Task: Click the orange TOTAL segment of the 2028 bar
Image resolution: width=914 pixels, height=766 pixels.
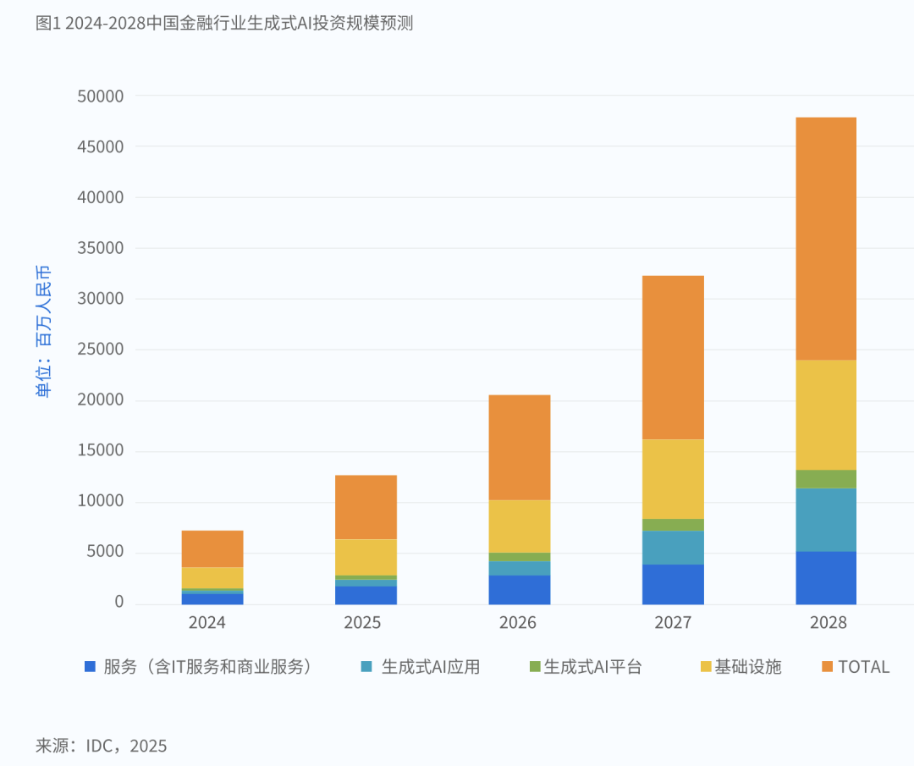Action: (826, 239)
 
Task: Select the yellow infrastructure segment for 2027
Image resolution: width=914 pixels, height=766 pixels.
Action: (673, 479)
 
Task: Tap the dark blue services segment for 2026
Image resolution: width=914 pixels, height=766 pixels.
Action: (520, 589)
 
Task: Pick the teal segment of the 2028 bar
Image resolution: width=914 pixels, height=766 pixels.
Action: (826, 520)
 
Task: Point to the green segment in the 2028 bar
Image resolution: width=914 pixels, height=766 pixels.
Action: (826, 479)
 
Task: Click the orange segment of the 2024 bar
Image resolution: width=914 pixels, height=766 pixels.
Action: (212, 548)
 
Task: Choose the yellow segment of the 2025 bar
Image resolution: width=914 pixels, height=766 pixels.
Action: (366, 557)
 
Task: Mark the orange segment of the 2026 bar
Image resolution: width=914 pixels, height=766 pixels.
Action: (520, 447)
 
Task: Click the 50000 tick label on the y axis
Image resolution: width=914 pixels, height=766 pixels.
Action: (100, 96)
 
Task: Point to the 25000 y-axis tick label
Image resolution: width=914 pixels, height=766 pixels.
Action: (100, 350)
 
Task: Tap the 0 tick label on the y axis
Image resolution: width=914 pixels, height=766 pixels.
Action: (118, 603)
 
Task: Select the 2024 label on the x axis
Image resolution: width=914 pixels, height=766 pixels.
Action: (207, 623)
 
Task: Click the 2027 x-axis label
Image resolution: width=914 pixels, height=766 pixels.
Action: (673, 623)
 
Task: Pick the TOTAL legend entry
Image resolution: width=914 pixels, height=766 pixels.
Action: (863, 667)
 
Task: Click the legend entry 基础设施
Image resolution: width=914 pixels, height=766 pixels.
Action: (747, 667)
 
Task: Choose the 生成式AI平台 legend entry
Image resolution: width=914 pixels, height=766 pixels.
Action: (592, 667)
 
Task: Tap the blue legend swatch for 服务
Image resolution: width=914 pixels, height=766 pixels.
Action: (91, 667)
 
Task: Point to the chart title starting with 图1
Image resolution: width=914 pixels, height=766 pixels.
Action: (224, 23)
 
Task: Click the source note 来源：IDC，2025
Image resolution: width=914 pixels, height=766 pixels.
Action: (102, 746)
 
